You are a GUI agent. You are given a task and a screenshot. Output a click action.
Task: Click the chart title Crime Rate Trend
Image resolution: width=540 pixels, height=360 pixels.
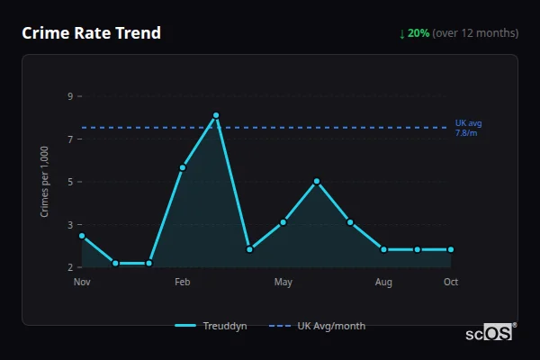(x=91, y=33)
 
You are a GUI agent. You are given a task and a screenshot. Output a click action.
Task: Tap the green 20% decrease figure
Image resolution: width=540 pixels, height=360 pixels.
(x=418, y=33)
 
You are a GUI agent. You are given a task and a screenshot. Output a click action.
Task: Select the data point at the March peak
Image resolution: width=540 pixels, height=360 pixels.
(x=216, y=115)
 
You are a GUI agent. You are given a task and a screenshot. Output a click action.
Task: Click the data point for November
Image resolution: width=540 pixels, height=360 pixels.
(x=82, y=236)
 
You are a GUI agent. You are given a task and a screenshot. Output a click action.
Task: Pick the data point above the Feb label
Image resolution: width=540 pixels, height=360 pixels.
(x=183, y=167)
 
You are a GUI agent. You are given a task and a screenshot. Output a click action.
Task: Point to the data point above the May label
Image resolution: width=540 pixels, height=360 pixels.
(x=283, y=222)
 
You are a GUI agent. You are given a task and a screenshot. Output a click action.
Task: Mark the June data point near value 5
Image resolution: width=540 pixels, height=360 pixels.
(x=317, y=181)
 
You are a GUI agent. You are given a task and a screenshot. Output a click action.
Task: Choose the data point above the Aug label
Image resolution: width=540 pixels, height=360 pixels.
(x=383, y=249)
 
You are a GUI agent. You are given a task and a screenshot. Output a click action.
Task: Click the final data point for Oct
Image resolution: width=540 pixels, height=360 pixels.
(x=451, y=249)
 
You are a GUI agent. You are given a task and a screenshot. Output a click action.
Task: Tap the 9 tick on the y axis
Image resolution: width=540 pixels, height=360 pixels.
(x=69, y=96)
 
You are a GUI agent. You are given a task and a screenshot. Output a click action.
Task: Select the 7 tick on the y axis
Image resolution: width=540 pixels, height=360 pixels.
(x=69, y=139)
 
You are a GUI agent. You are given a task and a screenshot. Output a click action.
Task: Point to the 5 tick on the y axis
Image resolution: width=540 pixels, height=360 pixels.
(x=69, y=182)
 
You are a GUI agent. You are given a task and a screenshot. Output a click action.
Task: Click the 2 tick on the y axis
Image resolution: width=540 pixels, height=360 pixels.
(x=69, y=267)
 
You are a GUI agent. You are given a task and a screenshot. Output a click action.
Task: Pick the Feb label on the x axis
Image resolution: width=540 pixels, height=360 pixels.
(x=183, y=283)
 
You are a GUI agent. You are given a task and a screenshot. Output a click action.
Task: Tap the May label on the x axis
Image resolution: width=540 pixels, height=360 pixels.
(x=283, y=283)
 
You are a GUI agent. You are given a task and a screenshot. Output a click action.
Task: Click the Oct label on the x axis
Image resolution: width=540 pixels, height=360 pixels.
(x=451, y=283)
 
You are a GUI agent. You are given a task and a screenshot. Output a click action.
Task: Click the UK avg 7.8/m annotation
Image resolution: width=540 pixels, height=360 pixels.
(x=466, y=128)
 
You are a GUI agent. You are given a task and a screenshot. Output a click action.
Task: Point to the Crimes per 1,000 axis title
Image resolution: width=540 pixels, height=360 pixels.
(x=45, y=182)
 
